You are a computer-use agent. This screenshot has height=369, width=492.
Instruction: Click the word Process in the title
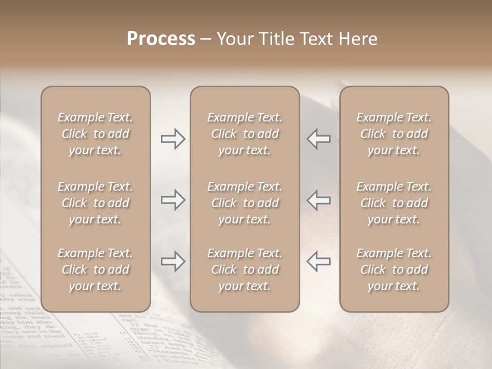[x=161, y=39]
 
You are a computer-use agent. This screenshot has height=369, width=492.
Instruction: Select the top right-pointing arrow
[x=173, y=139]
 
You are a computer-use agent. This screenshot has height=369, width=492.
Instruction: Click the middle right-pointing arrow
[x=173, y=199]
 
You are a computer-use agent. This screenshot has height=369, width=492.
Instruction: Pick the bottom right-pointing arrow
[x=173, y=261]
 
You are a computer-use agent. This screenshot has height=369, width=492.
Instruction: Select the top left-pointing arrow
[x=318, y=139]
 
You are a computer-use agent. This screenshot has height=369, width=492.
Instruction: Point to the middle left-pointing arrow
[x=318, y=199]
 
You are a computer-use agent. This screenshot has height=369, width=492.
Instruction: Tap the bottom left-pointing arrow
[x=318, y=261]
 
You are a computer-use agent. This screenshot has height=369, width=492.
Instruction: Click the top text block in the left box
[x=95, y=134]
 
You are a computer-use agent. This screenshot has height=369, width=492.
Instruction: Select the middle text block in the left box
[x=95, y=203]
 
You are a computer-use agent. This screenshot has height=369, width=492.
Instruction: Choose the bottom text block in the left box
[x=95, y=270]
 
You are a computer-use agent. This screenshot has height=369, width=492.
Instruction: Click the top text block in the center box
[x=244, y=134]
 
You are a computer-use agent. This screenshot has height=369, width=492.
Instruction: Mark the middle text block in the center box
[x=244, y=203]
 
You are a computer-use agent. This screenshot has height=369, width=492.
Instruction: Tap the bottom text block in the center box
[x=244, y=270]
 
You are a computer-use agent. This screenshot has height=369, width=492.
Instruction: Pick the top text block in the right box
[x=394, y=134]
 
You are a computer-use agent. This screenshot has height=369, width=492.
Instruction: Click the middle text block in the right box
[x=394, y=203]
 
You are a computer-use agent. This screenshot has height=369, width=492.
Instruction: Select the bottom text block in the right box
[x=394, y=270]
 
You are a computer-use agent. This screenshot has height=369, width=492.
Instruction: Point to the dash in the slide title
[x=206, y=39]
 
